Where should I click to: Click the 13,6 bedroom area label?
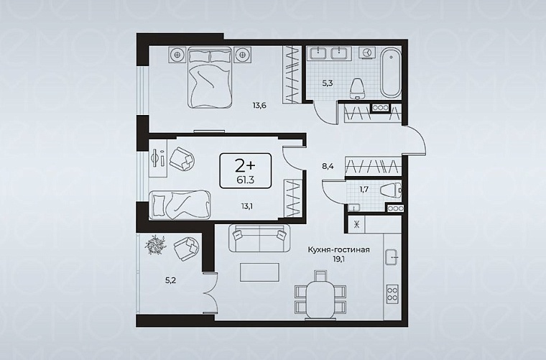(259, 105)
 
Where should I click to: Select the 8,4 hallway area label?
(328, 167)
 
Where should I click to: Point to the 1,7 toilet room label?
(364, 190)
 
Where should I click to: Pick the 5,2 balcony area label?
(171, 280)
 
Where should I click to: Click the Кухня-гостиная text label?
(338, 249)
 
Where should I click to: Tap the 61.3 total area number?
(245, 180)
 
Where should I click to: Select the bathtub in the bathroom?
(390, 73)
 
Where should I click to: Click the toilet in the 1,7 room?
(391, 190)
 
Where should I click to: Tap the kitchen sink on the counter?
(393, 258)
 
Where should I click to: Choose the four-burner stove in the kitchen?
(393, 292)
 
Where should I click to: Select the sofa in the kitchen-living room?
(259, 238)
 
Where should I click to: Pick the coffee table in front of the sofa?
(259, 272)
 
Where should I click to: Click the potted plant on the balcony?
(154, 244)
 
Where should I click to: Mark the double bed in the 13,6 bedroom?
(210, 77)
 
